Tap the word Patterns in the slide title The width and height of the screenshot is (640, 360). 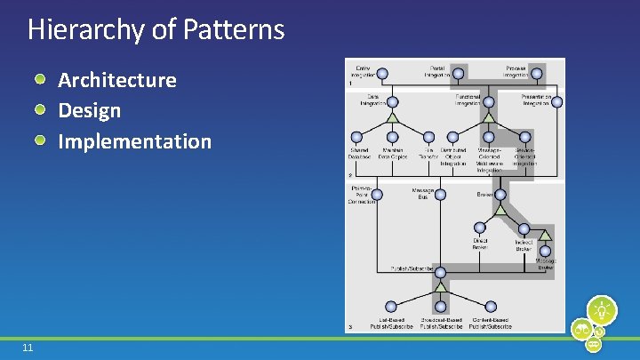pyautogui.click(x=234, y=30)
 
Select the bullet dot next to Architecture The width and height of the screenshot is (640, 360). pyautogui.click(x=41, y=80)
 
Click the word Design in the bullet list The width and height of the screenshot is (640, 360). pyautogui.click(x=89, y=111)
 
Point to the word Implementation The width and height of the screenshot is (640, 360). pyautogui.click(x=134, y=141)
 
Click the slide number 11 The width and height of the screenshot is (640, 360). pyautogui.click(x=28, y=348)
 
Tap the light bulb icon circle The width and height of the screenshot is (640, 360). pyautogui.click(x=602, y=309)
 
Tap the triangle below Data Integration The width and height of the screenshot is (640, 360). pyautogui.click(x=392, y=117)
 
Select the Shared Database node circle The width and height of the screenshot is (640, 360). pyautogui.click(x=357, y=137)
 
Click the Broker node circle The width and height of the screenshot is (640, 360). pyautogui.click(x=500, y=195)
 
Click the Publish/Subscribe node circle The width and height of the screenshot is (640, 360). pyautogui.click(x=440, y=268)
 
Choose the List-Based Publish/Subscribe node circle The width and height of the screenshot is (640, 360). pyautogui.click(x=391, y=307)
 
